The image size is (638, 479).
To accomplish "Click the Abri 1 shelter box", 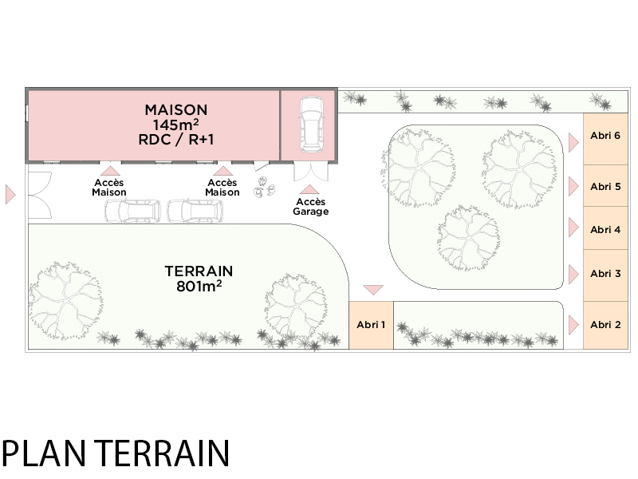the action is [371, 325].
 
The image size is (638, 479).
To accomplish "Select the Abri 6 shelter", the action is [605, 139].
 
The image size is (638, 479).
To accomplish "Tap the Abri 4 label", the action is [605, 230].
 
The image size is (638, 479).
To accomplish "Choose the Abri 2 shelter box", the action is [605, 325].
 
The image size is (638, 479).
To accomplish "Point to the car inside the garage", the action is [312, 125].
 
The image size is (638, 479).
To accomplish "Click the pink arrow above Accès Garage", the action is [309, 189].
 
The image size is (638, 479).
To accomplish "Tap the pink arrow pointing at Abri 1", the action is [373, 290].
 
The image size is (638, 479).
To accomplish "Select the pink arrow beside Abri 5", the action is [573, 186].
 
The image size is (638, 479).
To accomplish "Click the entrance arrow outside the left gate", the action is [10, 194].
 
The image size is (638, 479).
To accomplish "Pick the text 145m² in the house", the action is [175, 125].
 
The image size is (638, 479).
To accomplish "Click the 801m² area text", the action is [199, 286].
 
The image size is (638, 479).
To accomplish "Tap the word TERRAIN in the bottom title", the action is [163, 453].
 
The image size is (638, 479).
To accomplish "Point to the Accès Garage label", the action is [310, 207].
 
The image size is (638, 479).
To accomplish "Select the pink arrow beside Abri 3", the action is [573, 274].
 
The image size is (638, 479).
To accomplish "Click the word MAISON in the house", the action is [175, 110].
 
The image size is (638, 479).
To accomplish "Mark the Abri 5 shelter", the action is [605, 186].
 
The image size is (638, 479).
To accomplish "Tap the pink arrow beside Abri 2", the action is [573, 325].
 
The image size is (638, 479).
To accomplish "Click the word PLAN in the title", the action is [44, 453].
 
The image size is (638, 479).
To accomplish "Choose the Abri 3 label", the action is [605, 274].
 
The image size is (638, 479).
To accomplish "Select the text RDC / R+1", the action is [175, 140].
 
